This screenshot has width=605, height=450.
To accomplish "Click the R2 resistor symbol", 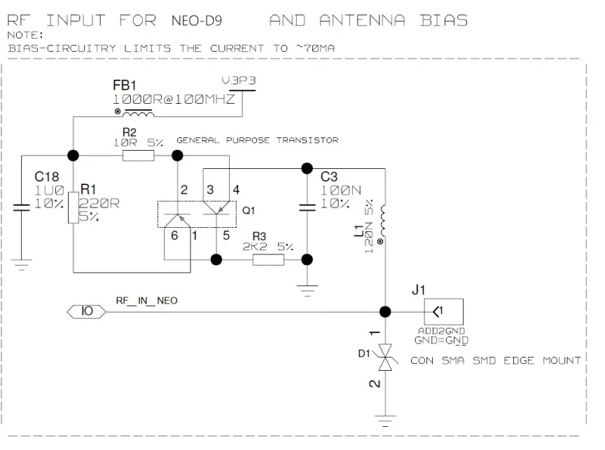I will click(138, 155).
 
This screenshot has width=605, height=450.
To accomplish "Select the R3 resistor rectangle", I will click(268, 259).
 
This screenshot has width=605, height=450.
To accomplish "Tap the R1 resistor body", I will click(73, 210).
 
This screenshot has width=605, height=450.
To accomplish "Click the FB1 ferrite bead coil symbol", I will click(137, 114).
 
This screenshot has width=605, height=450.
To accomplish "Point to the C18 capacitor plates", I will click(21, 206).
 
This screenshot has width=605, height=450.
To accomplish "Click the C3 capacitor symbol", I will click(306, 207).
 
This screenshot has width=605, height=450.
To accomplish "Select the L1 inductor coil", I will click(384, 224).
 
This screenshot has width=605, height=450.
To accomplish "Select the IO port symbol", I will click(87, 311).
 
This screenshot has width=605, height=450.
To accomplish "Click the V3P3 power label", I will click(239, 81).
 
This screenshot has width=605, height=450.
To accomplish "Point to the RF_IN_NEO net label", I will click(146, 300).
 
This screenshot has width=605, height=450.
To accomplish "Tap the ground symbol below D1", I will click(384, 421).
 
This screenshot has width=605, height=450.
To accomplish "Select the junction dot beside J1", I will click(384, 311).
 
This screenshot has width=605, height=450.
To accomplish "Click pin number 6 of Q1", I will click(174, 236).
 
